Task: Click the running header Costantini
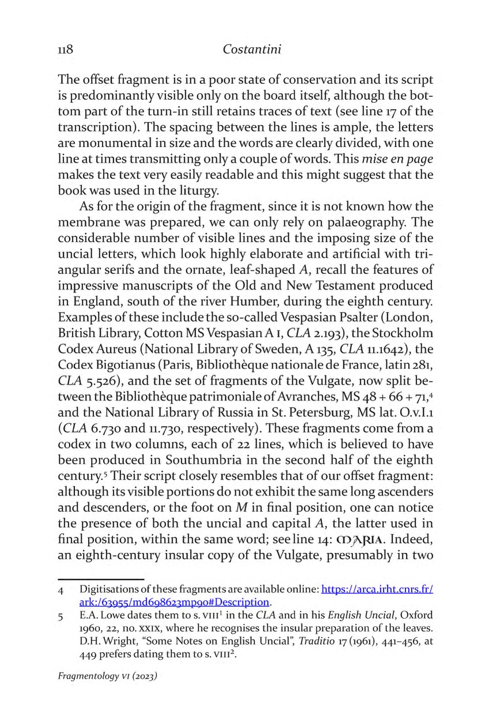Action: point(252,50)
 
